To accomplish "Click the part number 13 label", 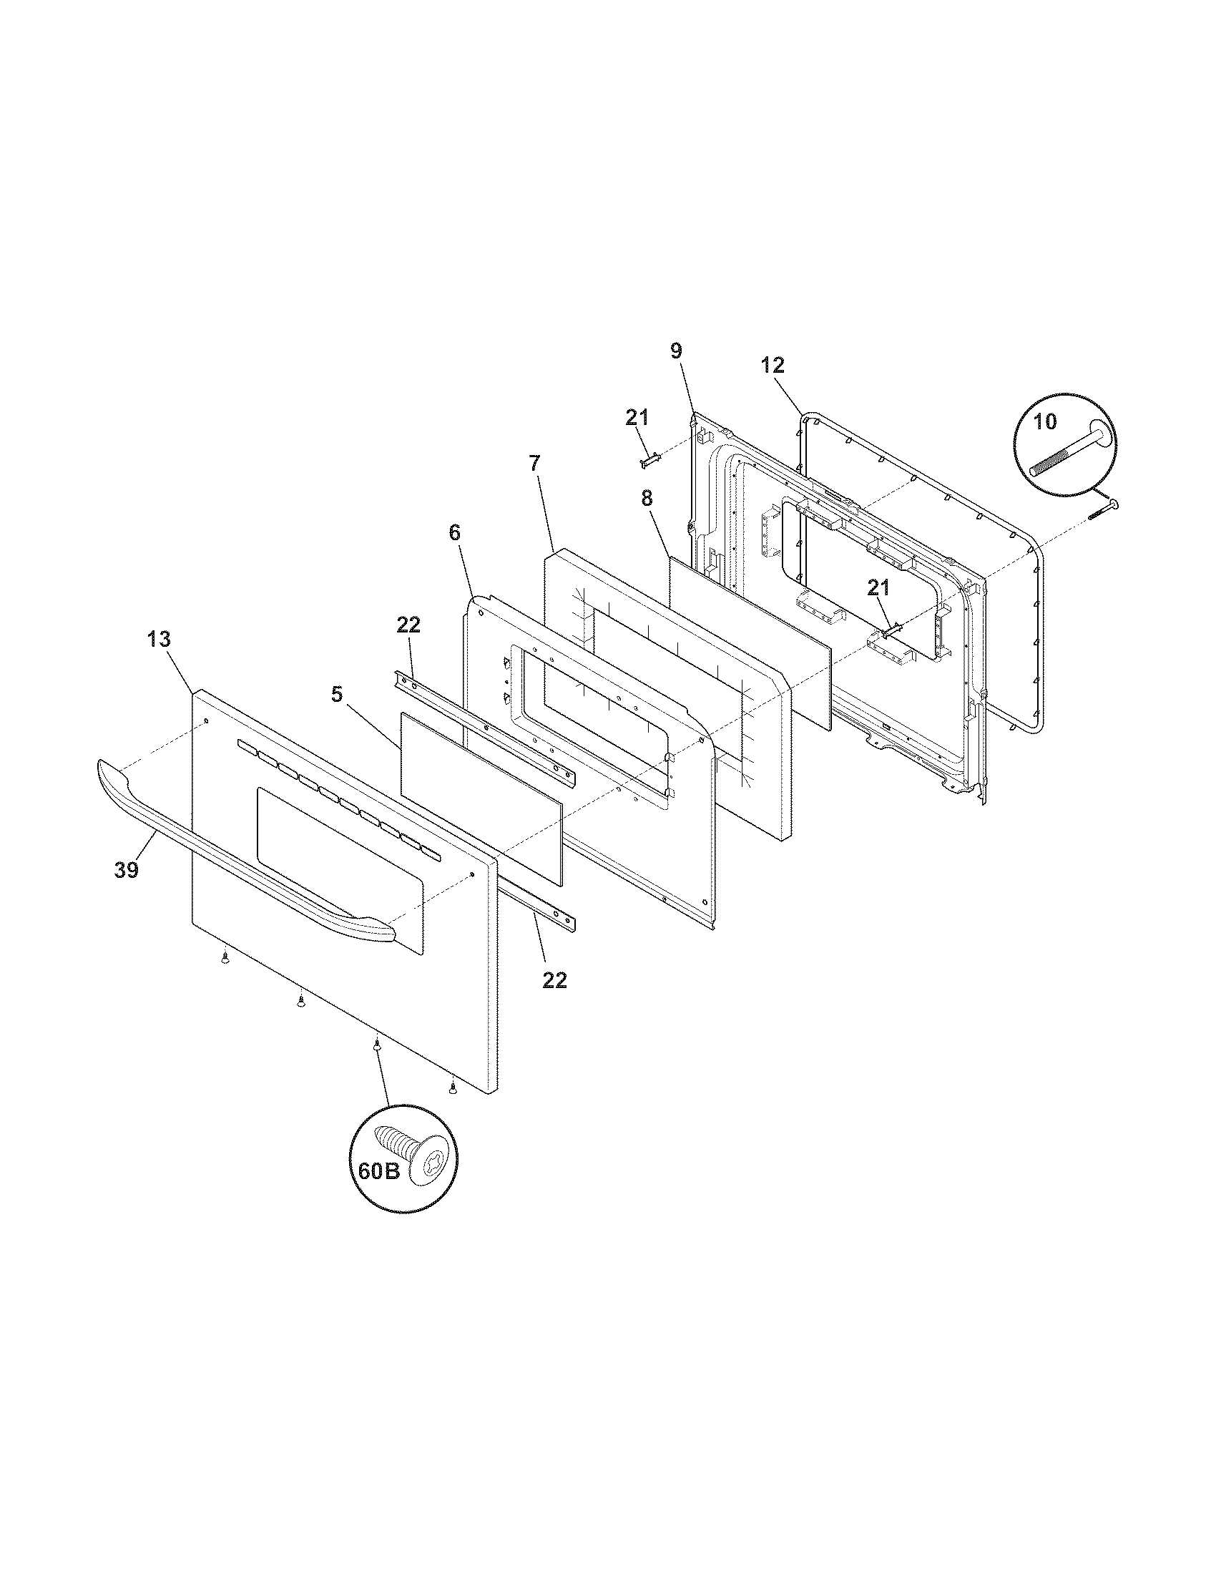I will point(160,638).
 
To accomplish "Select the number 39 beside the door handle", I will point(126,870).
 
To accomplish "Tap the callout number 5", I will point(336,694).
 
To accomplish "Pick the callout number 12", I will point(773,366).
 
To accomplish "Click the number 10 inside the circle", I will point(1044,421).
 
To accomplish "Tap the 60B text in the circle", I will point(379,1171).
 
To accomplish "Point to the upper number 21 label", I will point(637,417).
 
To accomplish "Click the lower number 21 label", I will point(878,588).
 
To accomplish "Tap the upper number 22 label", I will point(408,625).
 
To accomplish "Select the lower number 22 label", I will point(554,979).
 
